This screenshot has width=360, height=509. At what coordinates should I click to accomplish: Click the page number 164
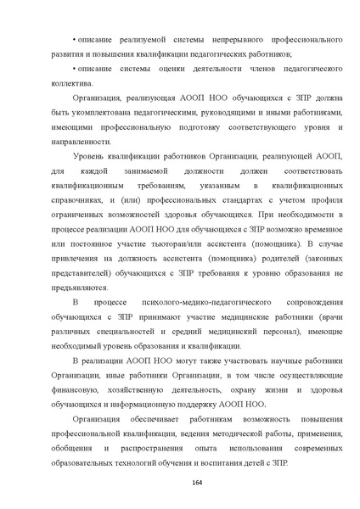pos(179,484)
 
